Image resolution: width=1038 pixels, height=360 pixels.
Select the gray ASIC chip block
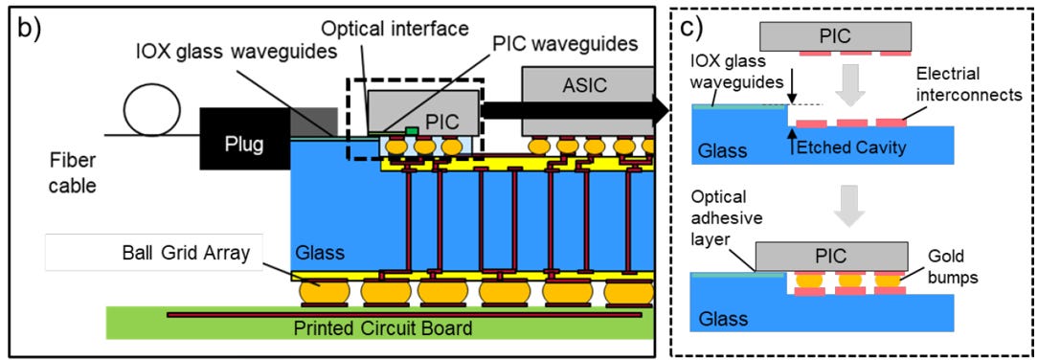(x=587, y=100)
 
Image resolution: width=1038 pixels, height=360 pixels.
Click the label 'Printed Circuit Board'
(x=383, y=327)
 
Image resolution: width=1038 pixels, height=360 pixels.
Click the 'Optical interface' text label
(x=395, y=29)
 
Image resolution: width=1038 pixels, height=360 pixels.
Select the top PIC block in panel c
(x=835, y=36)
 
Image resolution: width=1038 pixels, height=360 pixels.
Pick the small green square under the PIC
(x=411, y=130)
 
